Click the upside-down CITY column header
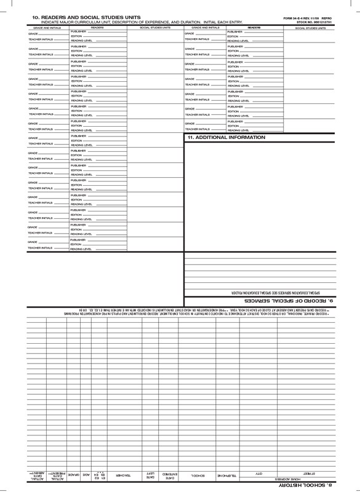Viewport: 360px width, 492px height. point(259,475)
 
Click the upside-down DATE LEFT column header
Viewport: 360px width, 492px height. point(150,475)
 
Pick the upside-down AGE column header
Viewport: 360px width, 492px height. point(87,475)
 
